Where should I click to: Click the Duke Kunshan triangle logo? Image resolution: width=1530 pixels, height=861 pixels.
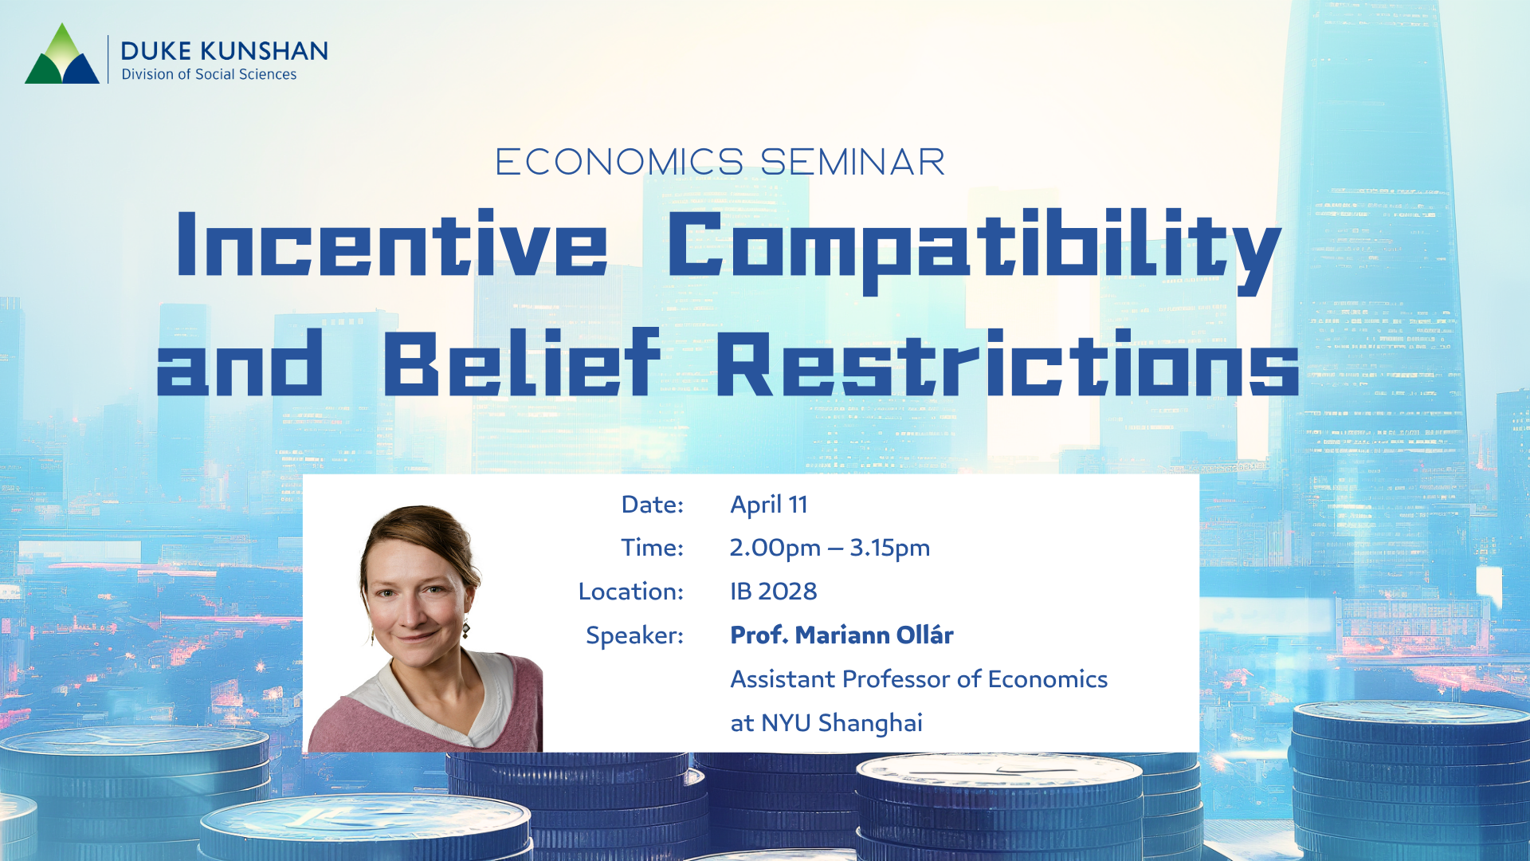click(x=62, y=56)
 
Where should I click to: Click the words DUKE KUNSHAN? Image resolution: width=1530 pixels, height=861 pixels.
click(x=224, y=51)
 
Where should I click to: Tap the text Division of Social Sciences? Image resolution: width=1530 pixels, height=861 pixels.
click(x=209, y=74)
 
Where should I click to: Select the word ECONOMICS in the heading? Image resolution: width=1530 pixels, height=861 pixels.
click(x=619, y=163)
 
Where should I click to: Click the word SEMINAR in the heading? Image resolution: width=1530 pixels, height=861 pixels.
click(x=853, y=163)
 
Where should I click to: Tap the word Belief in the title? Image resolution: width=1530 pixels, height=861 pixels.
click(x=522, y=364)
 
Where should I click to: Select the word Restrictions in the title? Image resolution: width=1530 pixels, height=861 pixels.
click(x=1007, y=364)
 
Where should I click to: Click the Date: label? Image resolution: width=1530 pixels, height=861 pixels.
click(x=652, y=505)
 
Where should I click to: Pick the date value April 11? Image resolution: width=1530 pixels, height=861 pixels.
click(x=769, y=505)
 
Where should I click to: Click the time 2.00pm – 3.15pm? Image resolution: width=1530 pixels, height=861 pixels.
click(x=830, y=548)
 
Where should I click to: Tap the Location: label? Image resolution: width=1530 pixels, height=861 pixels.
click(x=630, y=592)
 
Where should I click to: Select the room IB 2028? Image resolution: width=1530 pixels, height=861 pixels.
click(x=774, y=592)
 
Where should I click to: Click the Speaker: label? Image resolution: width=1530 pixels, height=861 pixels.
click(x=634, y=635)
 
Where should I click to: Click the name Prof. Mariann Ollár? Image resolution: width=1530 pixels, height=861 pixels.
click(x=841, y=635)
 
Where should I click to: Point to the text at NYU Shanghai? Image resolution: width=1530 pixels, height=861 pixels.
click(x=826, y=723)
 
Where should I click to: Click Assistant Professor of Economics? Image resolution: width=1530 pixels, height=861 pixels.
click(x=919, y=679)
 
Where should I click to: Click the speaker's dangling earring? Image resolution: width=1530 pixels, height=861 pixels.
click(x=466, y=630)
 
